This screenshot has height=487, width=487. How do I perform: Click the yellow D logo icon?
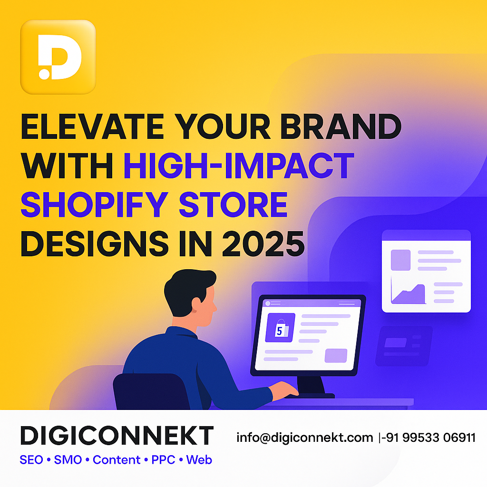coord(58,57)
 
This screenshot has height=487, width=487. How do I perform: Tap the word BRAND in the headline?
coord(341,127)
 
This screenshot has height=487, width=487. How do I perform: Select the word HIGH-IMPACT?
coord(239,166)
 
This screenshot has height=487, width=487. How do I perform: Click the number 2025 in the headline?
coord(263,243)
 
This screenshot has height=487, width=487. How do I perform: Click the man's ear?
coord(196,304)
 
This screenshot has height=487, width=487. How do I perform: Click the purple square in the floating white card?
coord(400,260)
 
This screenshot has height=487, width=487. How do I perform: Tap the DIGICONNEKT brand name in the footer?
coord(117,436)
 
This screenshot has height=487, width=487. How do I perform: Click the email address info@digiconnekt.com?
coord(305,438)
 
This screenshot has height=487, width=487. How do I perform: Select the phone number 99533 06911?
coord(439,438)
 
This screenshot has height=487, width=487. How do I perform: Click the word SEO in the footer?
coord(31,460)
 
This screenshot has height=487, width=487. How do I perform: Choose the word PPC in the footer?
coord(164,460)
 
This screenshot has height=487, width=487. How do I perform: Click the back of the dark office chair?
coord(151,391)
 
